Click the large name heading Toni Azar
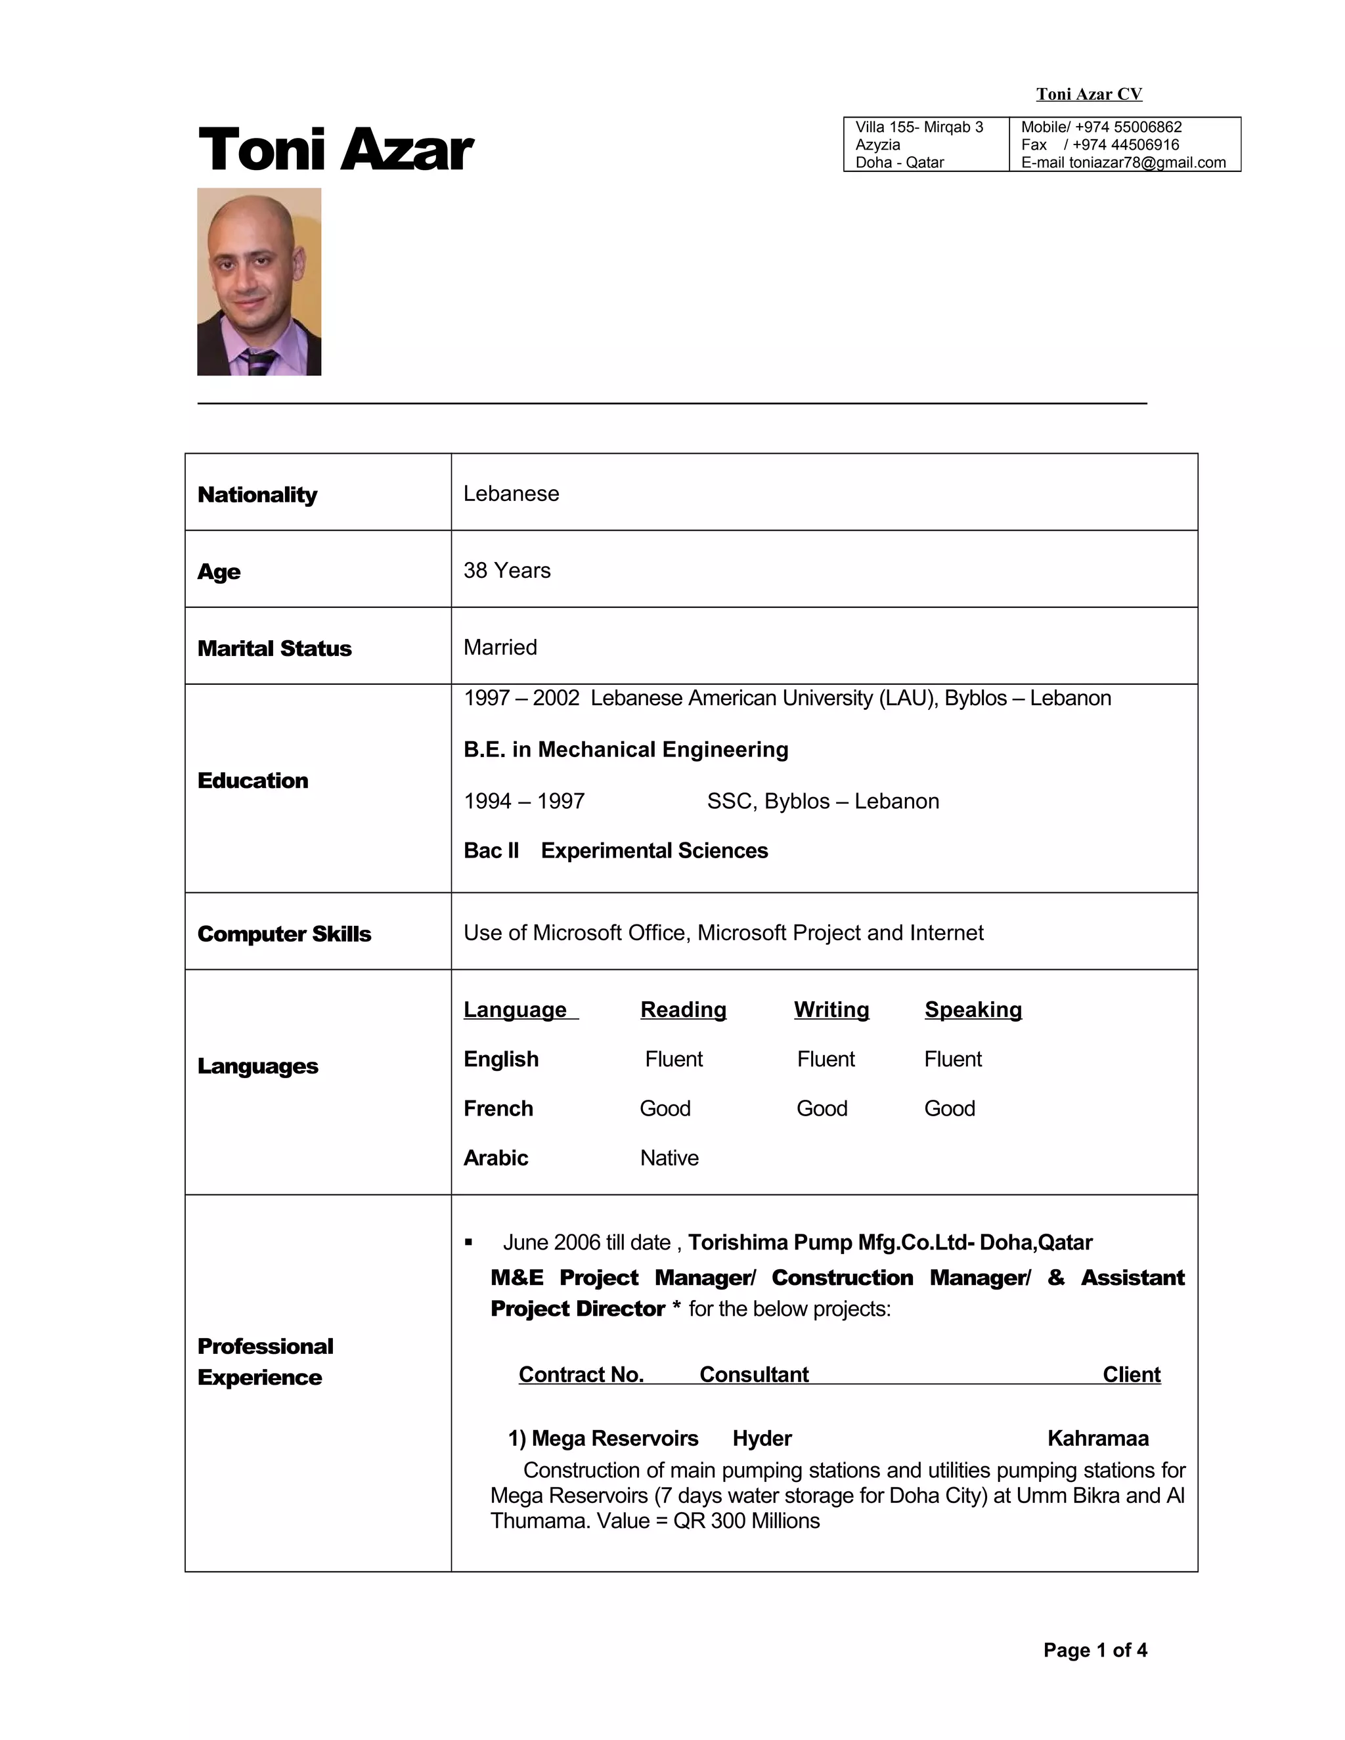[x=335, y=150]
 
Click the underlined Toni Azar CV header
[x=1088, y=94]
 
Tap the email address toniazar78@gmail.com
[x=1147, y=163]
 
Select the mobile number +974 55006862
[x=1128, y=127]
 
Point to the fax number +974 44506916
[x=1125, y=145]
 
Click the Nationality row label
[x=257, y=495]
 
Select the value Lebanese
[x=511, y=494]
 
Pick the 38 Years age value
[x=507, y=571]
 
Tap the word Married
[x=500, y=647]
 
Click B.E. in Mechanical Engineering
[x=625, y=750]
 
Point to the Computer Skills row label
[x=284, y=934]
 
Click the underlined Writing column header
[x=831, y=1009]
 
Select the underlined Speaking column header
[x=972, y=1009]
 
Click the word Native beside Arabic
[x=669, y=1158]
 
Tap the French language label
[x=498, y=1108]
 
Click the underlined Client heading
[x=1131, y=1374]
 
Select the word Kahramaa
[x=1097, y=1438]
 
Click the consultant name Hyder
[x=762, y=1438]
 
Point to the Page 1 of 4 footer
[x=1095, y=1650]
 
